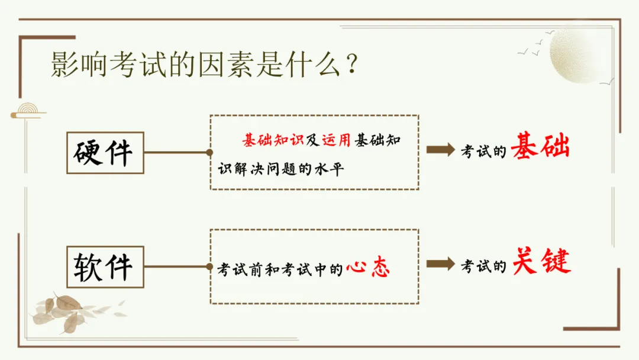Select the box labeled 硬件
click(x=105, y=153)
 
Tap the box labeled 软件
click(x=105, y=267)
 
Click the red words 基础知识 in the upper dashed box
click(x=273, y=140)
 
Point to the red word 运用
click(x=336, y=140)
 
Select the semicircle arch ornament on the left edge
click(x=27, y=111)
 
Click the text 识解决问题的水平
click(x=281, y=169)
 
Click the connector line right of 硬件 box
click(x=176, y=152)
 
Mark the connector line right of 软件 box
click(x=176, y=266)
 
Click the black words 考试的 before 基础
click(x=484, y=151)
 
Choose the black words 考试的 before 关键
click(x=484, y=266)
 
